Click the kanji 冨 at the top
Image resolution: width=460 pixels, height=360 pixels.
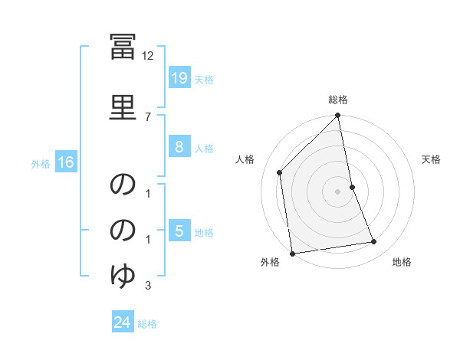point(123,47)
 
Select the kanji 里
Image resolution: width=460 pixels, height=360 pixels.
point(123,107)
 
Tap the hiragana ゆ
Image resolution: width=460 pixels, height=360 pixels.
point(123,276)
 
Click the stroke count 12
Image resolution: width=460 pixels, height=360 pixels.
point(147,56)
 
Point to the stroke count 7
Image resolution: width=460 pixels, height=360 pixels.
point(148,117)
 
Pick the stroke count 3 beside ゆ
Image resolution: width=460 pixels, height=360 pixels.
point(148,285)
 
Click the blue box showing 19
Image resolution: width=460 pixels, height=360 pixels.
point(179,77)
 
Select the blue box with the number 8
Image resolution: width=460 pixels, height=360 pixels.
point(179,146)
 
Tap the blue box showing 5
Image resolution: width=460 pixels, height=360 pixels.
point(179,230)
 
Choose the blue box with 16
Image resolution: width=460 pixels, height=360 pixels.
point(66,162)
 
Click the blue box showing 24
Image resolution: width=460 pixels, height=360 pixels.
point(123,321)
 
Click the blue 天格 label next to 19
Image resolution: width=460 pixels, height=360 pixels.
point(204,80)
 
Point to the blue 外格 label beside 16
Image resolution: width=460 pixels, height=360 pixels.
point(41,164)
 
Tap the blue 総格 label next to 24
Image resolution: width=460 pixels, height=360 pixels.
point(147,324)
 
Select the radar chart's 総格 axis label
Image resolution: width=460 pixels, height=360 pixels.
point(338,100)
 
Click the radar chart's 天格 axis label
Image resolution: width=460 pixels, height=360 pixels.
point(431,159)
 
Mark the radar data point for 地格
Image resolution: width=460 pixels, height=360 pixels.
point(374,241)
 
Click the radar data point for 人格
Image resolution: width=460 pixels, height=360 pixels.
point(280,172)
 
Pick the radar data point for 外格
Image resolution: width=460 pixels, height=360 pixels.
point(292,254)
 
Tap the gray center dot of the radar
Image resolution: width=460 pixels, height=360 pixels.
point(337,191)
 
